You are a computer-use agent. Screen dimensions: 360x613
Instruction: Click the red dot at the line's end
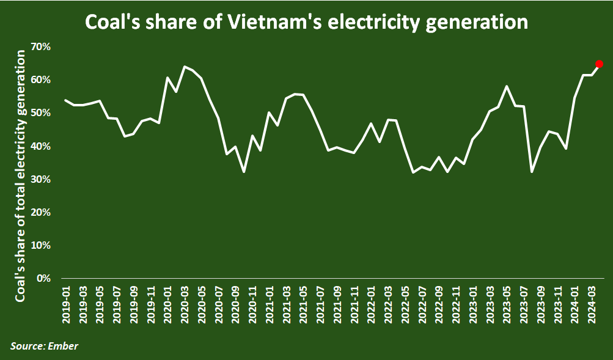(x=599, y=64)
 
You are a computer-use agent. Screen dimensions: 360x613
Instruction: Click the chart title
(x=306, y=22)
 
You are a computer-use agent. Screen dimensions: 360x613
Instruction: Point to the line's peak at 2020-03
(x=184, y=67)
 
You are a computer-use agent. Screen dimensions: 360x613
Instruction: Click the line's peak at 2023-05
(x=507, y=86)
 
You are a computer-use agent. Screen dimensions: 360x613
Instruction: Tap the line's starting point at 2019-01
(x=65, y=100)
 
